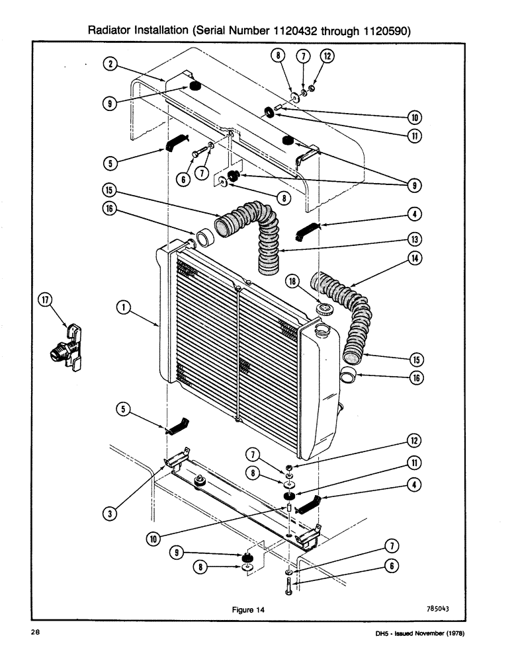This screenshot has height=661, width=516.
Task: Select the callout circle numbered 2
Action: click(110, 63)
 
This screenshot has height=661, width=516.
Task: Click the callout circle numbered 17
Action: click(45, 302)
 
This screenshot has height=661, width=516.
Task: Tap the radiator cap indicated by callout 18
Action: click(325, 309)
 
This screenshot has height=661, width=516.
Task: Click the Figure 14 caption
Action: click(248, 610)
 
